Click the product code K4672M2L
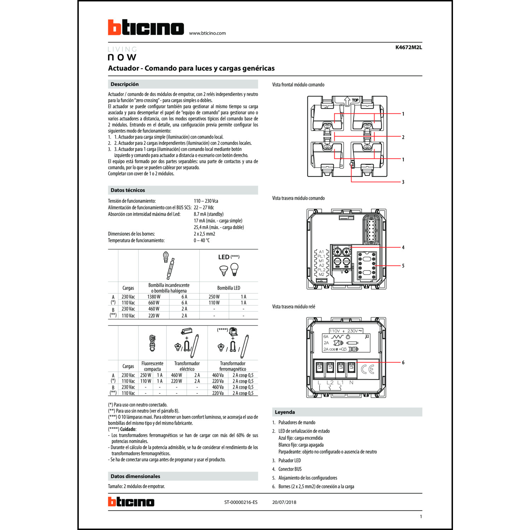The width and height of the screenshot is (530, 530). pos(408,47)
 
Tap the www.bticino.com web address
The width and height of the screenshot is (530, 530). pos(207,33)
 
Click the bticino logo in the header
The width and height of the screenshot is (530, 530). pos(146,28)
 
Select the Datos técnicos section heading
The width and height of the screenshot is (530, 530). pos(128,190)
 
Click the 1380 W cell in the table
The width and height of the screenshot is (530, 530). pos(154,297)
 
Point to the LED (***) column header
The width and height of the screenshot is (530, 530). pos(229,257)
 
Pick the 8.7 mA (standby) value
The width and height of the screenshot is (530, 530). pos(208,214)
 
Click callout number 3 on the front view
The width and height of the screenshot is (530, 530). pos(403,182)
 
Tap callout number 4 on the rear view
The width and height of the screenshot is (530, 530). pos(403,247)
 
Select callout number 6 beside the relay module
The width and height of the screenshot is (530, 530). pos(403,363)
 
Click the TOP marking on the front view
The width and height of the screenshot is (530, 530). pos(355,100)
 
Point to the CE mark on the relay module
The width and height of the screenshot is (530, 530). pos(367,370)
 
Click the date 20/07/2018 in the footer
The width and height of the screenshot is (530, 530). pos(284,502)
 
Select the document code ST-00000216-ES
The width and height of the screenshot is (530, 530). pos(241,502)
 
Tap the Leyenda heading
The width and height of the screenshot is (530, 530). pos(285,412)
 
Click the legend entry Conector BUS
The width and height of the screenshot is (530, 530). pos(290,469)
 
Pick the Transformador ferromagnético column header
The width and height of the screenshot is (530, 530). pos(232,366)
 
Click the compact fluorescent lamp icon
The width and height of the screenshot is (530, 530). pos(152,343)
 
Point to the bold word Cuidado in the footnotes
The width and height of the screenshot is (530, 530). pos(128,429)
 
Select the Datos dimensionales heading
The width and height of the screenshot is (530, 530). pos(135,476)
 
